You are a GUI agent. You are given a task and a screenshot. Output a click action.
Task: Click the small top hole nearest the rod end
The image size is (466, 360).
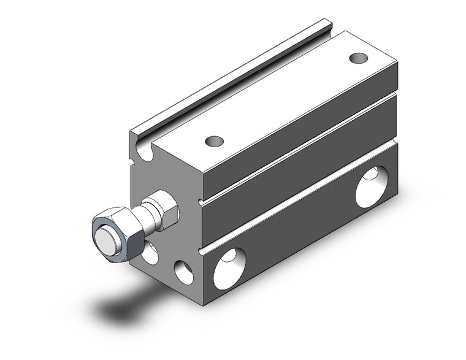(214, 141)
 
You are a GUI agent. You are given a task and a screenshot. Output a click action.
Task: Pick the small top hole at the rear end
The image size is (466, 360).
(359, 58)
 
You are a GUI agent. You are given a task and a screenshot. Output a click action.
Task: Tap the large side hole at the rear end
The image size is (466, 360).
(372, 187)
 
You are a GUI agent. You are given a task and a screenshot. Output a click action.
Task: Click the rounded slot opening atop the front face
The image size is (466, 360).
(145, 150)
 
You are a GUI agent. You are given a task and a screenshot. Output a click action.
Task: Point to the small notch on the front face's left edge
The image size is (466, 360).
(131, 163)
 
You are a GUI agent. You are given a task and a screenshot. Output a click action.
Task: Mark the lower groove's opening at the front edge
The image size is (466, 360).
(202, 250)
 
